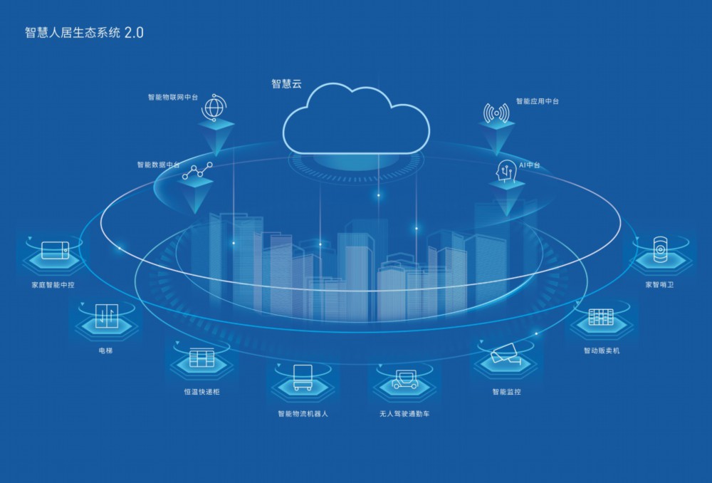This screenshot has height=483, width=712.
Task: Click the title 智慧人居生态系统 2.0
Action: pos(84,33)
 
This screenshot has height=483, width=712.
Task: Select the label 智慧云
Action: pos(286,84)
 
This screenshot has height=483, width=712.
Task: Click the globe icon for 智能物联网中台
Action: pos(214,108)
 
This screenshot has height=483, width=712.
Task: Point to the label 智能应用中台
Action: pos(537,101)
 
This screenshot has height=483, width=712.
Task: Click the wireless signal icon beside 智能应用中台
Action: pos(496,113)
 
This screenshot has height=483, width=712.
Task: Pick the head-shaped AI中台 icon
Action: pos(506,171)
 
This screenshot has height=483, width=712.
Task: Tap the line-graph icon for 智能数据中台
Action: pos(197,171)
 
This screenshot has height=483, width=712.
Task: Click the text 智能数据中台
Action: pos(159,165)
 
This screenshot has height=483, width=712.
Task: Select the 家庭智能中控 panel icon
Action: pos(55,250)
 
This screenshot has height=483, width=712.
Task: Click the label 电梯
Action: pos(105,350)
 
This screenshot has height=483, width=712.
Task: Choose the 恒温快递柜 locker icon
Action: pos(201,358)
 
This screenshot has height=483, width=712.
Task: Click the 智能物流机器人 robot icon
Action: pos(303,377)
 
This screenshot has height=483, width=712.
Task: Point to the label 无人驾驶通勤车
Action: pos(404,413)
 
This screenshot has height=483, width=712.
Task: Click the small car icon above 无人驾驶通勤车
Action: pos(405,380)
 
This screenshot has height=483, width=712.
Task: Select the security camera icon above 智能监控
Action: pos(506,353)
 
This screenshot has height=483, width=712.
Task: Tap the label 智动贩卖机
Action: pos(601,350)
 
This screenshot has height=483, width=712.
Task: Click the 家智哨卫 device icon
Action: pos(660,249)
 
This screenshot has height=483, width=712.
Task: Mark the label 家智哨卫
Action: pos(660,284)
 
